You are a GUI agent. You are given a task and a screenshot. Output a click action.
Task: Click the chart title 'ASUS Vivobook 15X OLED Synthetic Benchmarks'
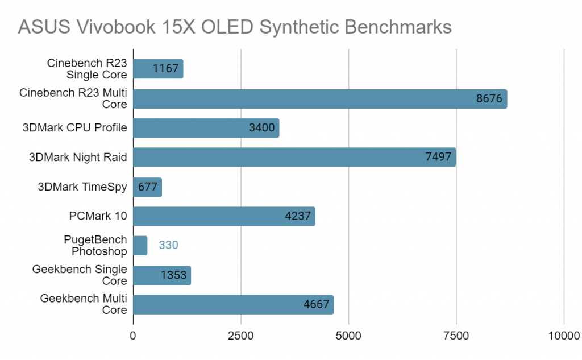coord(234,27)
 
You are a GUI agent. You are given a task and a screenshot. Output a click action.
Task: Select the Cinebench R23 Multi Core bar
coord(319,98)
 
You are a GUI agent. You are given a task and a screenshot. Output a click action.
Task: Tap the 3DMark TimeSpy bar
coord(147,187)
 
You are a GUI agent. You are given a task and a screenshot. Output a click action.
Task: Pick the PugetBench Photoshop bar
coord(140,246)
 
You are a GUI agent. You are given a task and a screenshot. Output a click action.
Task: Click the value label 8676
coord(489,98)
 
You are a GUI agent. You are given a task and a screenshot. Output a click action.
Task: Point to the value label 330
coord(168,246)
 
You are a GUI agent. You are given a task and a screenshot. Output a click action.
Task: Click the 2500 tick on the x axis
coord(241,336)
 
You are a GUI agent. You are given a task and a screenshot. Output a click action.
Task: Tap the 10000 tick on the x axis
coord(564,336)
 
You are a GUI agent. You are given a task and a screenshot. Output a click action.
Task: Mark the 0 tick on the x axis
coord(134,336)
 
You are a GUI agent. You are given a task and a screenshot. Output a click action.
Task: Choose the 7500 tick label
coord(456,336)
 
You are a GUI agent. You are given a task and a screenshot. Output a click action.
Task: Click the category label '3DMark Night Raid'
coord(78,158)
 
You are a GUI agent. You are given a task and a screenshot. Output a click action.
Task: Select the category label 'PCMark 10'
coord(99,216)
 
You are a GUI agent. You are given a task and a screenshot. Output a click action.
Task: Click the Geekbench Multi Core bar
coord(233,305)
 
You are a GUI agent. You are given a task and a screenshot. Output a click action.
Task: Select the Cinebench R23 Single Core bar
coord(158,69)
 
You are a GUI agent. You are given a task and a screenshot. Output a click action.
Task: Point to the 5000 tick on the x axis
coord(349,336)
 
